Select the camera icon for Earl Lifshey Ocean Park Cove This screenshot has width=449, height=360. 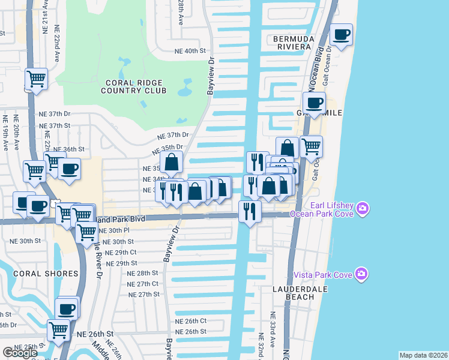pyautogui.click(x=361, y=209)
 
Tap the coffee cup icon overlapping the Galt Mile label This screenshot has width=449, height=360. pyautogui.click(x=314, y=103)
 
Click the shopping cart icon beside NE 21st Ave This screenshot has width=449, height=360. pyautogui.click(x=37, y=79)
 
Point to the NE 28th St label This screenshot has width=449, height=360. pyautogui.click(x=142, y=273)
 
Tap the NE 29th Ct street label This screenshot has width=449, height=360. pyautogui.click(x=121, y=253)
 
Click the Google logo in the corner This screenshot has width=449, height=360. pyautogui.click(x=20, y=353)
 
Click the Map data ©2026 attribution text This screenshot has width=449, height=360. pyautogui.click(x=423, y=355)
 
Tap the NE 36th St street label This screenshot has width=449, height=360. pyautogui.click(x=69, y=149)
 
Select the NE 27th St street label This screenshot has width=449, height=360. pyautogui.click(x=144, y=295)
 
